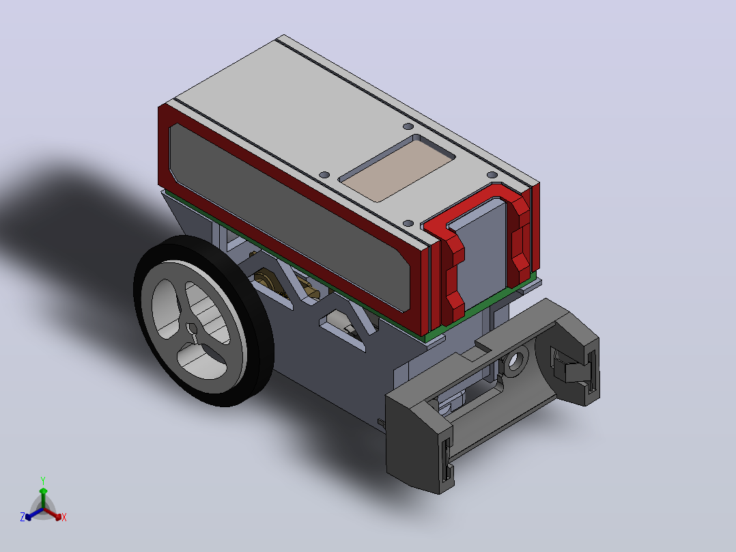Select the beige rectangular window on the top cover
pyautogui.click(x=397, y=169)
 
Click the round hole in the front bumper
pyautogui.click(x=515, y=361)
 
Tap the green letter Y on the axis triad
pyautogui.click(x=43, y=480)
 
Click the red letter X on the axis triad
pyautogui.click(x=64, y=517)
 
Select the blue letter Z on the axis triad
pyautogui.click(x=23, y=517)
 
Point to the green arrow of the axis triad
pyautogui.click(x=43, y=497)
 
